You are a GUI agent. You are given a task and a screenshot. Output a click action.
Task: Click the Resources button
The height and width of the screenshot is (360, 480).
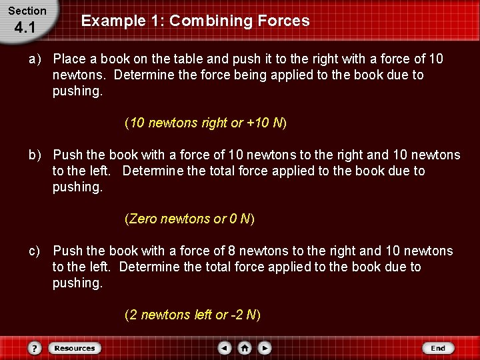75,348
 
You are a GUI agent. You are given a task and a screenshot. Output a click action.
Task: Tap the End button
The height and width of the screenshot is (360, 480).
437,348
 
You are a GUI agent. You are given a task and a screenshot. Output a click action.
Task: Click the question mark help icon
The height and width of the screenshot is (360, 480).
35,348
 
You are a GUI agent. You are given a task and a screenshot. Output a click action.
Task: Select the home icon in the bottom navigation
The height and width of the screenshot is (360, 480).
245,348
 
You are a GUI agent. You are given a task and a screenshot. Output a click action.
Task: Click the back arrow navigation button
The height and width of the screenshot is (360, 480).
225,348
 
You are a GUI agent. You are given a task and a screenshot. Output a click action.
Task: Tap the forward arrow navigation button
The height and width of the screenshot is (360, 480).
265,348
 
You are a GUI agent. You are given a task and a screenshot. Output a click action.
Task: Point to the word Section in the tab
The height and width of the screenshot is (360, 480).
27,11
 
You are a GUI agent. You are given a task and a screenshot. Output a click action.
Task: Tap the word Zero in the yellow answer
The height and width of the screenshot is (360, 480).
143,219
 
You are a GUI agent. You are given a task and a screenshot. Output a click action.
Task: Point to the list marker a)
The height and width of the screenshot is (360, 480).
35,59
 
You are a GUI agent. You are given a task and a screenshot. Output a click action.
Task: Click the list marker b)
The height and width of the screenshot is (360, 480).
35,155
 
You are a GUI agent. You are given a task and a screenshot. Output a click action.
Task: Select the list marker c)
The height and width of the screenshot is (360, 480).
35,251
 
